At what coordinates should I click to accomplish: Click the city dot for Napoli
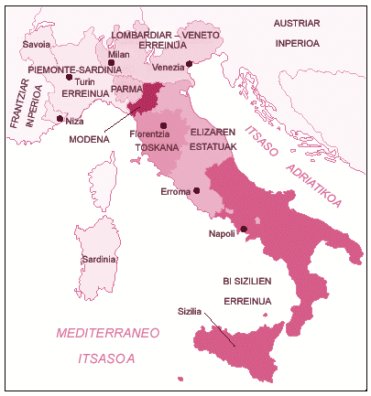tap(244, 229)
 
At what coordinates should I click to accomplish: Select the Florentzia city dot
tap(163, 125)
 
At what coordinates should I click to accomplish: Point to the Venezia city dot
tap(189, 63)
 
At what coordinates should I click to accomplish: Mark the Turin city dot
tap(69, 78)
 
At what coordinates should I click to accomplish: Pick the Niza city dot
tap(60, 119)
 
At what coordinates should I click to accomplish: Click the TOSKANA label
tap(150, 146)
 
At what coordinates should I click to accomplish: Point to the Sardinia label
tap(99, 260)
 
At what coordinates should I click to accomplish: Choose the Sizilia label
tap(191, 311)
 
